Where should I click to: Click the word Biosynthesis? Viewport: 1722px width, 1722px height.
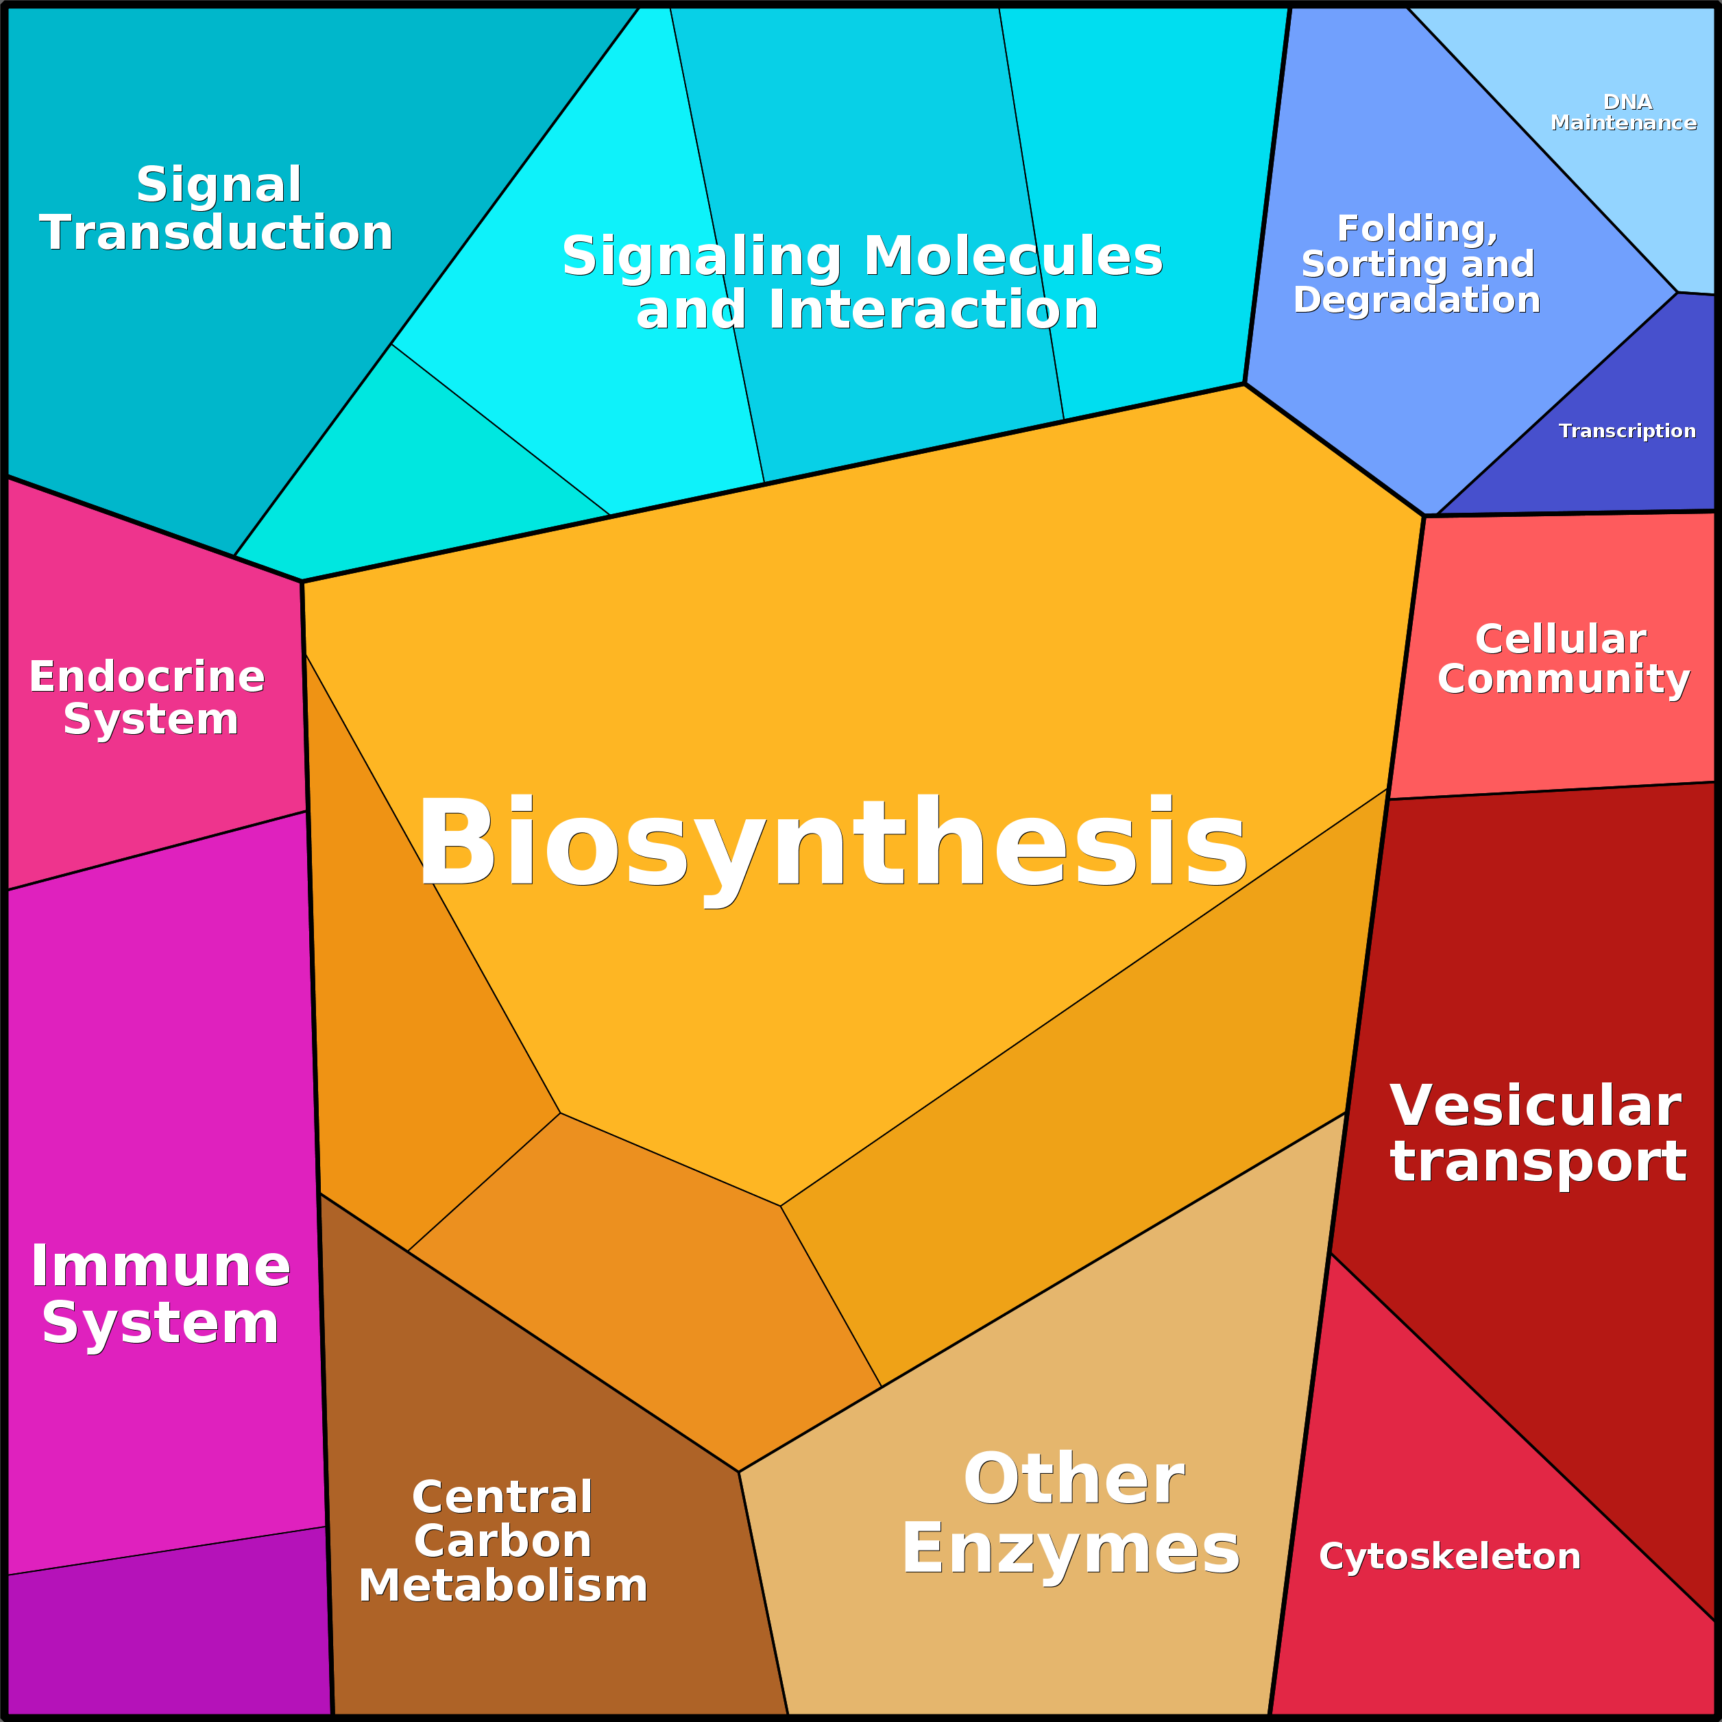tap(832, 843)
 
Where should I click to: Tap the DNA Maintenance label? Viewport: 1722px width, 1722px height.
tap(1623, 112)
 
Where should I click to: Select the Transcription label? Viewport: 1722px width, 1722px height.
tap(1627, 431)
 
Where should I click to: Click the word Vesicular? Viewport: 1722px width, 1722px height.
tap(1536, 1106)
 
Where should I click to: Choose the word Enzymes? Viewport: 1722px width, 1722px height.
tap(1071, 1549)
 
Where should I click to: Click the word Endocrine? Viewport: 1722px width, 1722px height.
tap(147, 677)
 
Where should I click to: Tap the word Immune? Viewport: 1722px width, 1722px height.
tap(160, 1265)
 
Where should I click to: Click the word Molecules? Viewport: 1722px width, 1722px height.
tap(1013, 256)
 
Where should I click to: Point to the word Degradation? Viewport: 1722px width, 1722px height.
tap(1417, 300)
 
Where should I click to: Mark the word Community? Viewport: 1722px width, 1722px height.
tap(1564, 679)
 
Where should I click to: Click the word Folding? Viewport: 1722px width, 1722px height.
tap(1417, 228)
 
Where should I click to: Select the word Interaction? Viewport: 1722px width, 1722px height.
tap(933, 310)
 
